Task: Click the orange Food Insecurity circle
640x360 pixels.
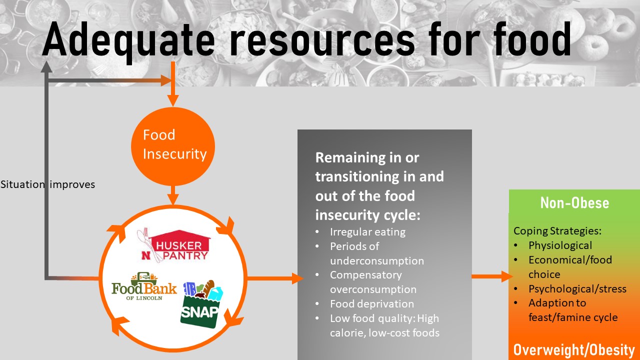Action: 173,146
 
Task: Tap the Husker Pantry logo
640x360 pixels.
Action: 173,245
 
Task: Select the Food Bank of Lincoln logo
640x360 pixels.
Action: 144,286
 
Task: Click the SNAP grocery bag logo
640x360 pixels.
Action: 201,304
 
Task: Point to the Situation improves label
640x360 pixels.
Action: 47,184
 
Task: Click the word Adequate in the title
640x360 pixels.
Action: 128,40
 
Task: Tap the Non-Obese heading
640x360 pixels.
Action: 574,203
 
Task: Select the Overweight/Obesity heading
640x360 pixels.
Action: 574,350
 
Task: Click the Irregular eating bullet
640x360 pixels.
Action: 367,232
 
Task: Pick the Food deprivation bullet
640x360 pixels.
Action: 371,303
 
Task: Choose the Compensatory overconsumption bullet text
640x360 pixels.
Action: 373,282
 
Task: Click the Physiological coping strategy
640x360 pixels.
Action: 560,245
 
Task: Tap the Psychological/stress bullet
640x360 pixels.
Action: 577,289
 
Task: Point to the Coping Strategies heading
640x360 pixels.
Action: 557,231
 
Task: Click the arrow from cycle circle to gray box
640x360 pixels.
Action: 275,278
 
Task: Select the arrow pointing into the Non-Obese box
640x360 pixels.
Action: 492,276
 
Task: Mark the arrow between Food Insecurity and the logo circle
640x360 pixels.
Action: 173,195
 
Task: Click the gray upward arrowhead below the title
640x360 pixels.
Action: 46,67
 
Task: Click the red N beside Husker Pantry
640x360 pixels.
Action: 146,255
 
